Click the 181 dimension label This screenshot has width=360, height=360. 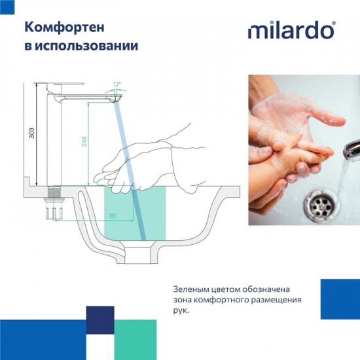[113, 215]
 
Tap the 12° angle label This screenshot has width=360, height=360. [117, 84]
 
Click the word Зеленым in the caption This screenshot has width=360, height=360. [193, 289]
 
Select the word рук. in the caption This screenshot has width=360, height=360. [181, 310]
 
